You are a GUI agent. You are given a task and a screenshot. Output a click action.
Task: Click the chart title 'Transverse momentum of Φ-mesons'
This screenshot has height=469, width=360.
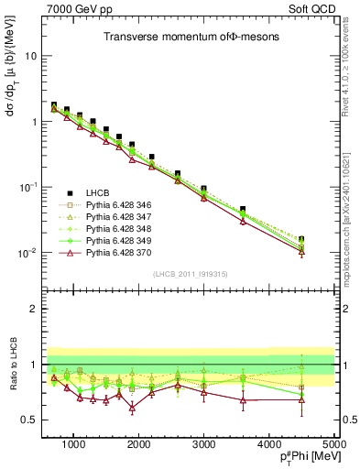190,37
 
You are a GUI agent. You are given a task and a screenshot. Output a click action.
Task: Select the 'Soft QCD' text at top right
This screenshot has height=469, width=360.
312,9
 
